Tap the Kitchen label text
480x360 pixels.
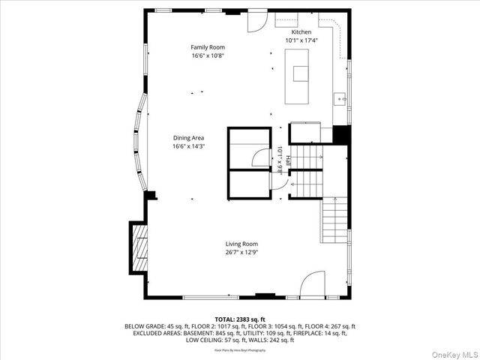[x=301, y=32]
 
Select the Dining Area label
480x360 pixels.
[x=188, y=138]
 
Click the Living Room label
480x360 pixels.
[x=241, y=244]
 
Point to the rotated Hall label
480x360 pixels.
[x=287, y=159]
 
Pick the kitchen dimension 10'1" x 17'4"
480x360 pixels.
[x=301, y=40]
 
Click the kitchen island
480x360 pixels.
[x=300, y=73]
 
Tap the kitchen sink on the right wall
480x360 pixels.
[x=340, y=97]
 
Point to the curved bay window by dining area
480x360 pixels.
[x=139, y=142]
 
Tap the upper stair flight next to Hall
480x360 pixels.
[x=305, y=157]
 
